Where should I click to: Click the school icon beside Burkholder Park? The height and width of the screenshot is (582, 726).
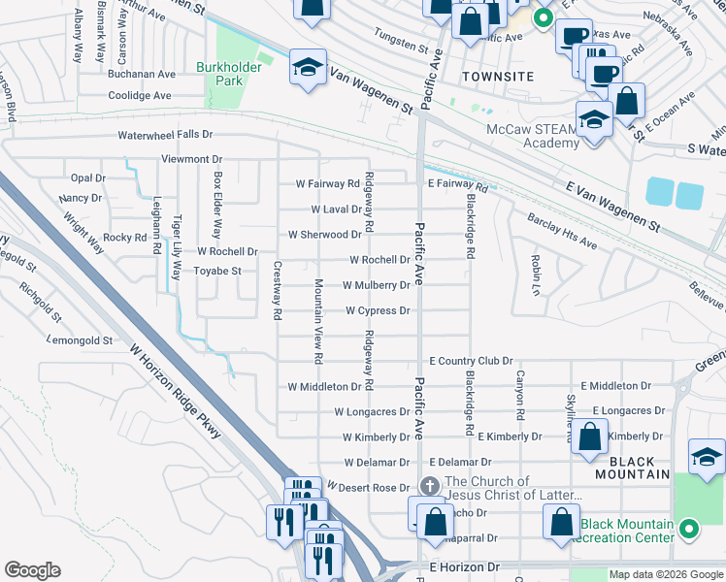coord(308,69)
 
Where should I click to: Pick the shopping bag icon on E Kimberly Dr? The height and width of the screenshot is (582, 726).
coord(589,436)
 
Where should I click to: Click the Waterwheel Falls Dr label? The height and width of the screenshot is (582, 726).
coord(165,136)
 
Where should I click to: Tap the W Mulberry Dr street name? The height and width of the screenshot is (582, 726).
coord(376,285)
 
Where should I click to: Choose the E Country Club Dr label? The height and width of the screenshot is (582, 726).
coord(470,361)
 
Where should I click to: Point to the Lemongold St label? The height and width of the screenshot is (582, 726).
coord(81,341)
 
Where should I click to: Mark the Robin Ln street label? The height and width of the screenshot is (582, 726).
coord(535,275)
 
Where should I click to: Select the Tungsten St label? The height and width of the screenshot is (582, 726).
coord(401,46)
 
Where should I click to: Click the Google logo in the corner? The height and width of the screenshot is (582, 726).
coord(32,570)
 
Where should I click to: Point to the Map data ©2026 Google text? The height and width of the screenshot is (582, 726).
coord(665,574)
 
